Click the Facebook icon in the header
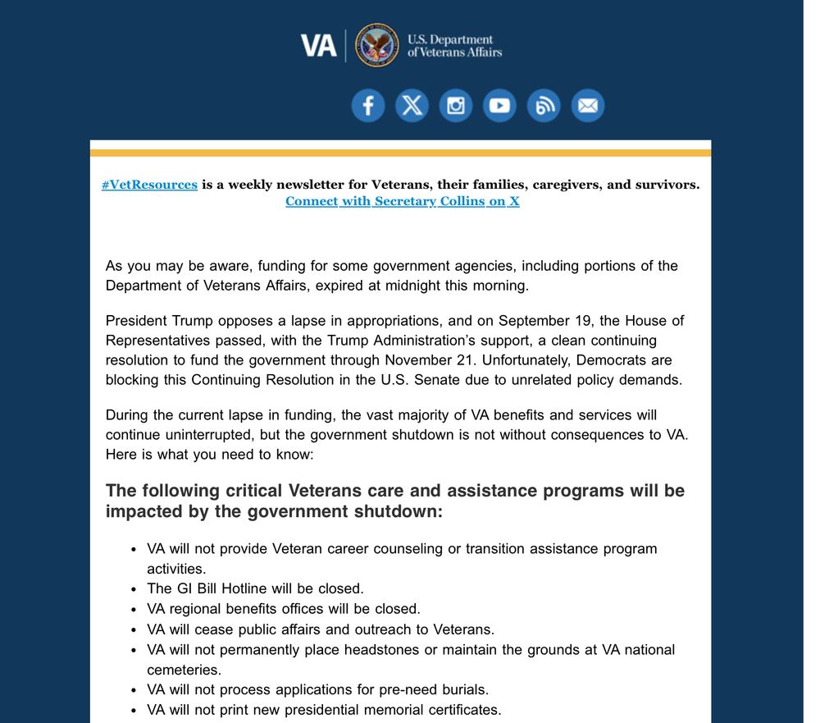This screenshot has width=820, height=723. coord(368,106)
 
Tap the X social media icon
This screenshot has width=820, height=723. coord(412,106)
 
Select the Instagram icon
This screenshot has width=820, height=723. coord(456,106)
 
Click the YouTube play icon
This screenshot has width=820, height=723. coord(499,106)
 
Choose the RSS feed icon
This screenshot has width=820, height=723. coord(543,106)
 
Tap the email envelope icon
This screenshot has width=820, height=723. coord(587,106)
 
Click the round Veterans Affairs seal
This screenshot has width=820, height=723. coord(377,45)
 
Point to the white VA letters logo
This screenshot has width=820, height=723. coord(319,45)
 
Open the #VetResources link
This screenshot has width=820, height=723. coord(149,185)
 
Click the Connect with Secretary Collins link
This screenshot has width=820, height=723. coord(402,201)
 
